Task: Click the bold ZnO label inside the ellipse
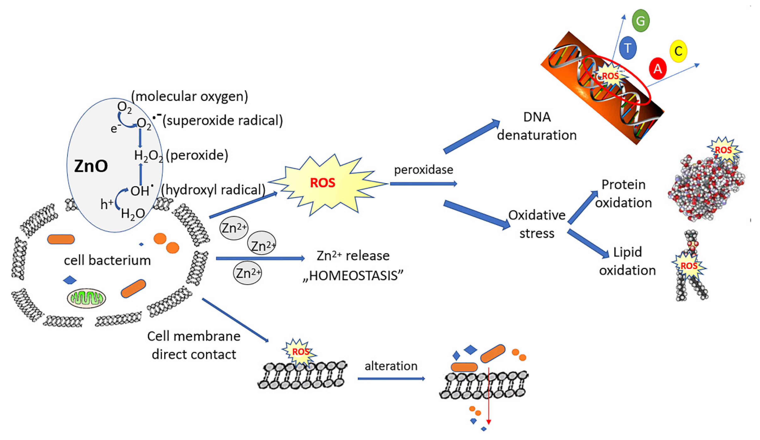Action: tap(91, 166)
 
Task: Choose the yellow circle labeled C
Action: tap(678, 51)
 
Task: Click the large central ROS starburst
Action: tap(323, 183)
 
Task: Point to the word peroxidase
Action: tap(424, 170)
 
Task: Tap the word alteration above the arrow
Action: tap(391, 366)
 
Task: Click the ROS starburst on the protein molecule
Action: tap(723, 150)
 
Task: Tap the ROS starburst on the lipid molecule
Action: tap(689, 266)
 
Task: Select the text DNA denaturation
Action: tap(537, 126)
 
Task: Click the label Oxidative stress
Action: tap(537, 224)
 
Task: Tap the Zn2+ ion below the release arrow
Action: tap(248, 273)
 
